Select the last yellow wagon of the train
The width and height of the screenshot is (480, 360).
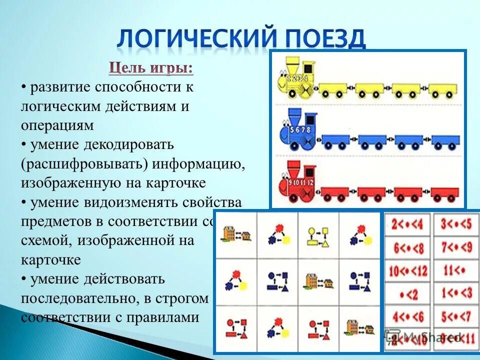441,90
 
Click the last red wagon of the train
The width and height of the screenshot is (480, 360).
441,193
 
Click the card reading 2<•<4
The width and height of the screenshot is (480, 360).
406,224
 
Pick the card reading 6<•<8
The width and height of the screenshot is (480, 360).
406,247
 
